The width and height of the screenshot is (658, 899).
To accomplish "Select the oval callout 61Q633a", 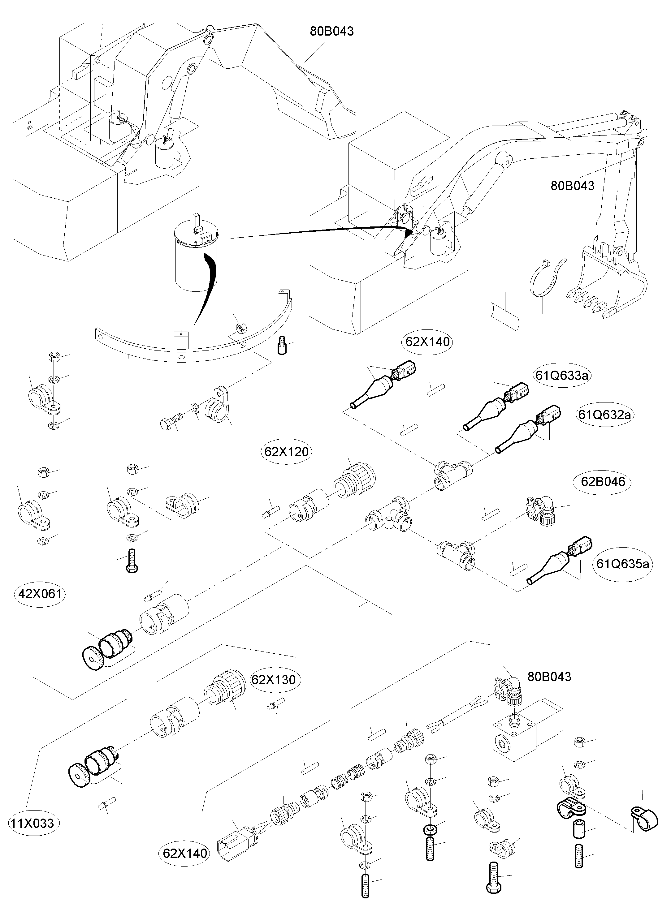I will point(562,375).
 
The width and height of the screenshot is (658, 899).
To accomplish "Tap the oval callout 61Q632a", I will point(604,415).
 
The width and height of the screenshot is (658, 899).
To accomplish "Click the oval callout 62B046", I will point(603,482).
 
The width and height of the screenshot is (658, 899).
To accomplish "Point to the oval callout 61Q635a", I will point(622,564).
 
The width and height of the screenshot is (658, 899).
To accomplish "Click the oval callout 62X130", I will point(273,680).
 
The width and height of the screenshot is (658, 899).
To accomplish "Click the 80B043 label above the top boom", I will point(332,31).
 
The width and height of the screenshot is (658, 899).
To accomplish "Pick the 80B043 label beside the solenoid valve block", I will point(549,677).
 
